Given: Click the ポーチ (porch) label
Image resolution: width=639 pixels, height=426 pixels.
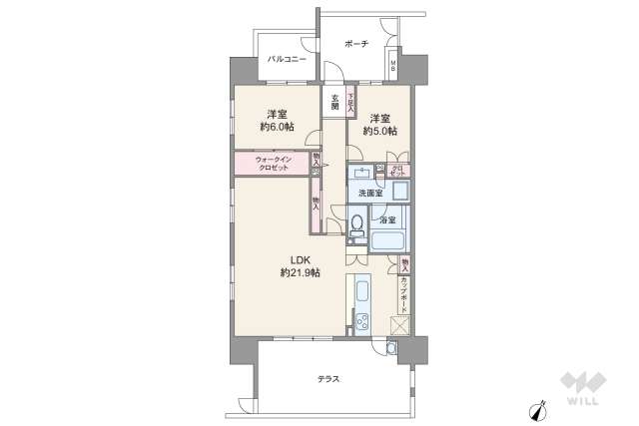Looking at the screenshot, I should click(356, 43).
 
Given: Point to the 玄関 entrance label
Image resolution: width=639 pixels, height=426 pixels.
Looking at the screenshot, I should click(334, 102).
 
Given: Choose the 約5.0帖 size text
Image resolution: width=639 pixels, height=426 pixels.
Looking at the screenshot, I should click(379, 131).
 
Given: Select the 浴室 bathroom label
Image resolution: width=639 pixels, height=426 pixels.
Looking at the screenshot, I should click(386, 218).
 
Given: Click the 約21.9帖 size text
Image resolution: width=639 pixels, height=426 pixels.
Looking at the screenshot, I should click(299, 274).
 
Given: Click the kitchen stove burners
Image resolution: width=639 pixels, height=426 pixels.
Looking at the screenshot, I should click(361, 323).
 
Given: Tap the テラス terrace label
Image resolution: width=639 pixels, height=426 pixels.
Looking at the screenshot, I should click(328, 379).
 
